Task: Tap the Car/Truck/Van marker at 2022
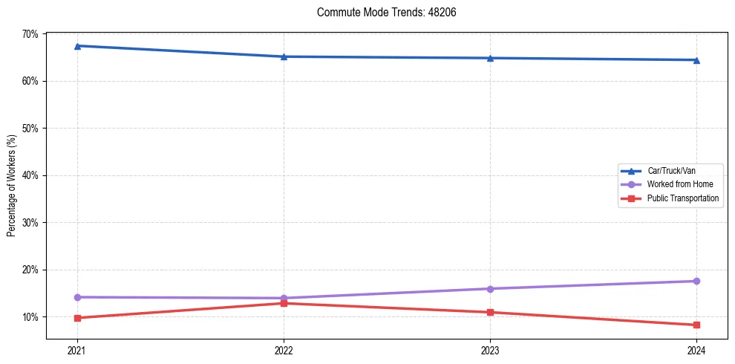284,56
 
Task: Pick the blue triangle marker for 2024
696,60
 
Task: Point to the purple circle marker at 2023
490,289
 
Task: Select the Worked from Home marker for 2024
696,281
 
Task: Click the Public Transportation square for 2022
284,303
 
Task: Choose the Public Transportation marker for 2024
696,325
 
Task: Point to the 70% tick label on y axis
30,34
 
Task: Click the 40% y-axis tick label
30,175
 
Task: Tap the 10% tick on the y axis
30,317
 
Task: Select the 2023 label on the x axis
490,350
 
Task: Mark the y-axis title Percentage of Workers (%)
12,186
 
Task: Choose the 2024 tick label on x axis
696,350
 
